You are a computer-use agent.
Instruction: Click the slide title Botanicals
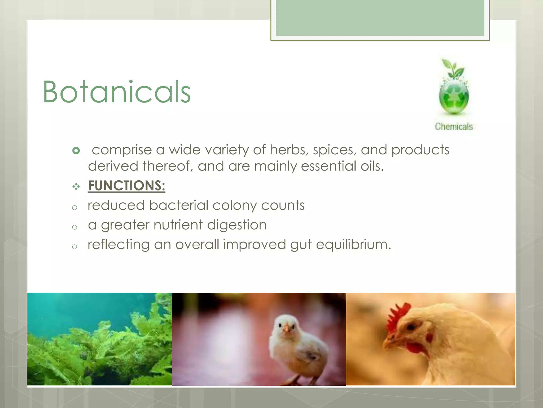click(117, 92)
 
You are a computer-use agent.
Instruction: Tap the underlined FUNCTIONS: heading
click(126, 185)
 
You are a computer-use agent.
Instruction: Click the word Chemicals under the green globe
click(454, 126)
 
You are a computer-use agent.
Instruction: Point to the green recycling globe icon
click(454, 97)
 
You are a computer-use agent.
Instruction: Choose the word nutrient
click(178, 225)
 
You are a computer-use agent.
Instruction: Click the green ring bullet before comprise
click(76, 151)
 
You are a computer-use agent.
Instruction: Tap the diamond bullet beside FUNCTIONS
click(76, 187)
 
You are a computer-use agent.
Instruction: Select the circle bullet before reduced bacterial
click(75, 207)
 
